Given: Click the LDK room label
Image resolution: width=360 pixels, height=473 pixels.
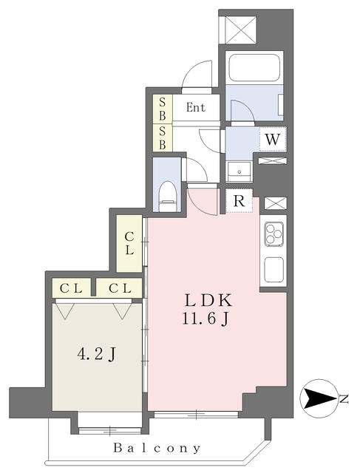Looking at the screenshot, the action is pyautogui.click(x=208, y=301).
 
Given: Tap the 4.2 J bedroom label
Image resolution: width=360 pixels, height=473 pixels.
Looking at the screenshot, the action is pyautogui.click(x=96, y=354).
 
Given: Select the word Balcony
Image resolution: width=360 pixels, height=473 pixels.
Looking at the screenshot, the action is pyautogui.click(x=157, y=448).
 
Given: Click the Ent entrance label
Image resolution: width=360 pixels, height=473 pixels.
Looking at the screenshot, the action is pyautogui.click(x=196, y=107).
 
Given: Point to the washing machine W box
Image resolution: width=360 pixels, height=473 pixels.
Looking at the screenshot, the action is pyautogui.click(x=273, y=139).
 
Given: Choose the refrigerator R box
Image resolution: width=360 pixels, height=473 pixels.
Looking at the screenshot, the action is pyautogui.click(x=239, y=200).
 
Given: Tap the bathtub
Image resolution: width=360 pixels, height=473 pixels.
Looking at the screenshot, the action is pyautogui.click(x=254, y=67).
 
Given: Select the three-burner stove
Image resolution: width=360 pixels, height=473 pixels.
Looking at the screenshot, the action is pyautogui.click(x=274, y=234).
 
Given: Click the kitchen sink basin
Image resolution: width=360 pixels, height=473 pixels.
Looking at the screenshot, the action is pyautogui.click(x=274, y=269).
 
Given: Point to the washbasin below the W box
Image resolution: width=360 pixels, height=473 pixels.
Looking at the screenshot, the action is pyautogui.click(x=240, y=171).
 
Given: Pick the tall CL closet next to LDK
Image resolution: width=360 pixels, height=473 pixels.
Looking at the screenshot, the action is pyautogui.click(x=129, y=243).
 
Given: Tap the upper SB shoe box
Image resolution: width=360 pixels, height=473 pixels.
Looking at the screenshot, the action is pyautogui.click(x=163, y=109).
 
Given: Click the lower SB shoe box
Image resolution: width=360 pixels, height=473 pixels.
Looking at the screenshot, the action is pyautogui.click(x=163, y=137).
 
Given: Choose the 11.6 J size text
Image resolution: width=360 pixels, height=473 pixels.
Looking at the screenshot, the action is pyautogui.click(x=205, y=318).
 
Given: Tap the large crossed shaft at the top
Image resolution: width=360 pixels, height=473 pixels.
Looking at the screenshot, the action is pyautogui.click(x=241, y=30).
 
